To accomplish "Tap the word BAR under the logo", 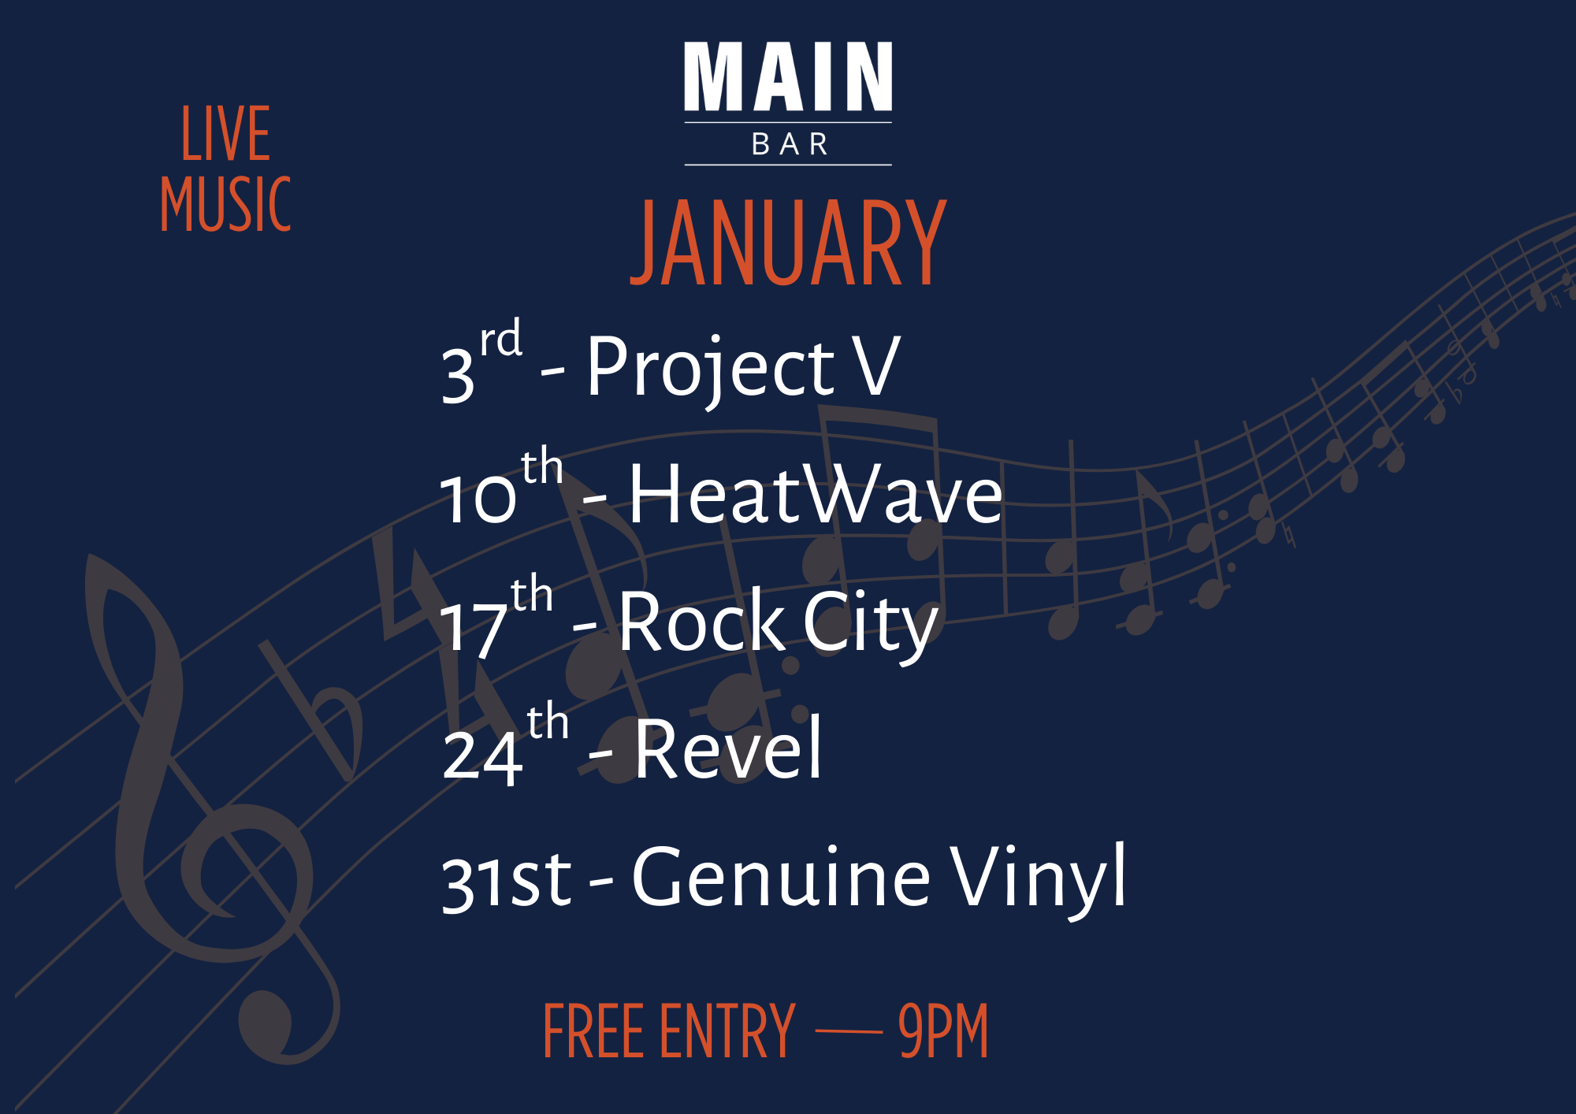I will [x=789, y=145].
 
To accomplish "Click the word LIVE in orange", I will [x=226, y=135].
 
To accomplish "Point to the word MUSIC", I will [x=226, y=204].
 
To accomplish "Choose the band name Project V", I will [x=742, y=367].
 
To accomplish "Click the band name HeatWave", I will [x=815, y=495].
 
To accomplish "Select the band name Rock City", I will [x=778, y=623].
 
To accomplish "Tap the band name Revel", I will [x=728, y=750].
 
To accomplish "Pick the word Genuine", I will [x=781, y=877].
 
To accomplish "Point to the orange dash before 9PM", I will [x=848, y=1030].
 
